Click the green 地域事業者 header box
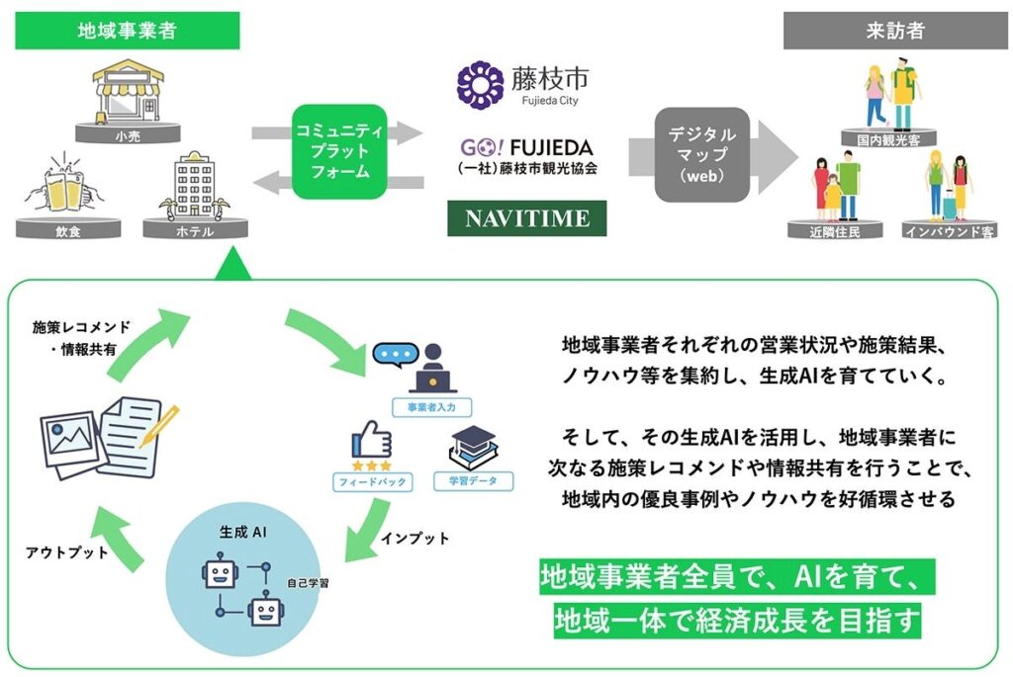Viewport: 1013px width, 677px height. tap(128, 31)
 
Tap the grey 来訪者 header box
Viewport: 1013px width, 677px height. tap(895, 31)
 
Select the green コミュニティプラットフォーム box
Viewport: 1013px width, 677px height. tap(340, 151)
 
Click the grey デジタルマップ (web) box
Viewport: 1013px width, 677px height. tap(702, 154)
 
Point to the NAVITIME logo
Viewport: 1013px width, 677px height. tap(527, 218)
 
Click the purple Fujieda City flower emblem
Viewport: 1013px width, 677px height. tap(480, 85)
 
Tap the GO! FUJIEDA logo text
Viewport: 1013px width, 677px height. tap(526, 148)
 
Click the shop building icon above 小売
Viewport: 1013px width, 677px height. tap(128, 91)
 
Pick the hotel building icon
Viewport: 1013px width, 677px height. tap(195, 187)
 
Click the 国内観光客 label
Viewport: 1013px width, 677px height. tap(888, 139)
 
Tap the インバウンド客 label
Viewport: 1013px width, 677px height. tap(949, 231)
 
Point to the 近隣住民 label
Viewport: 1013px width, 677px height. tap(835, 231)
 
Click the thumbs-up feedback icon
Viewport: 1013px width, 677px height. tap(372, 440)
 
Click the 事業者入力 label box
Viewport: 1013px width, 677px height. tap(431, 407)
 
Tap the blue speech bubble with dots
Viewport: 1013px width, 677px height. tap(396, 354)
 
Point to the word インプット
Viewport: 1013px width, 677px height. tap(414, 539)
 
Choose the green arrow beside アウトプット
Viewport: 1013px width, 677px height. tap(120, 538)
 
